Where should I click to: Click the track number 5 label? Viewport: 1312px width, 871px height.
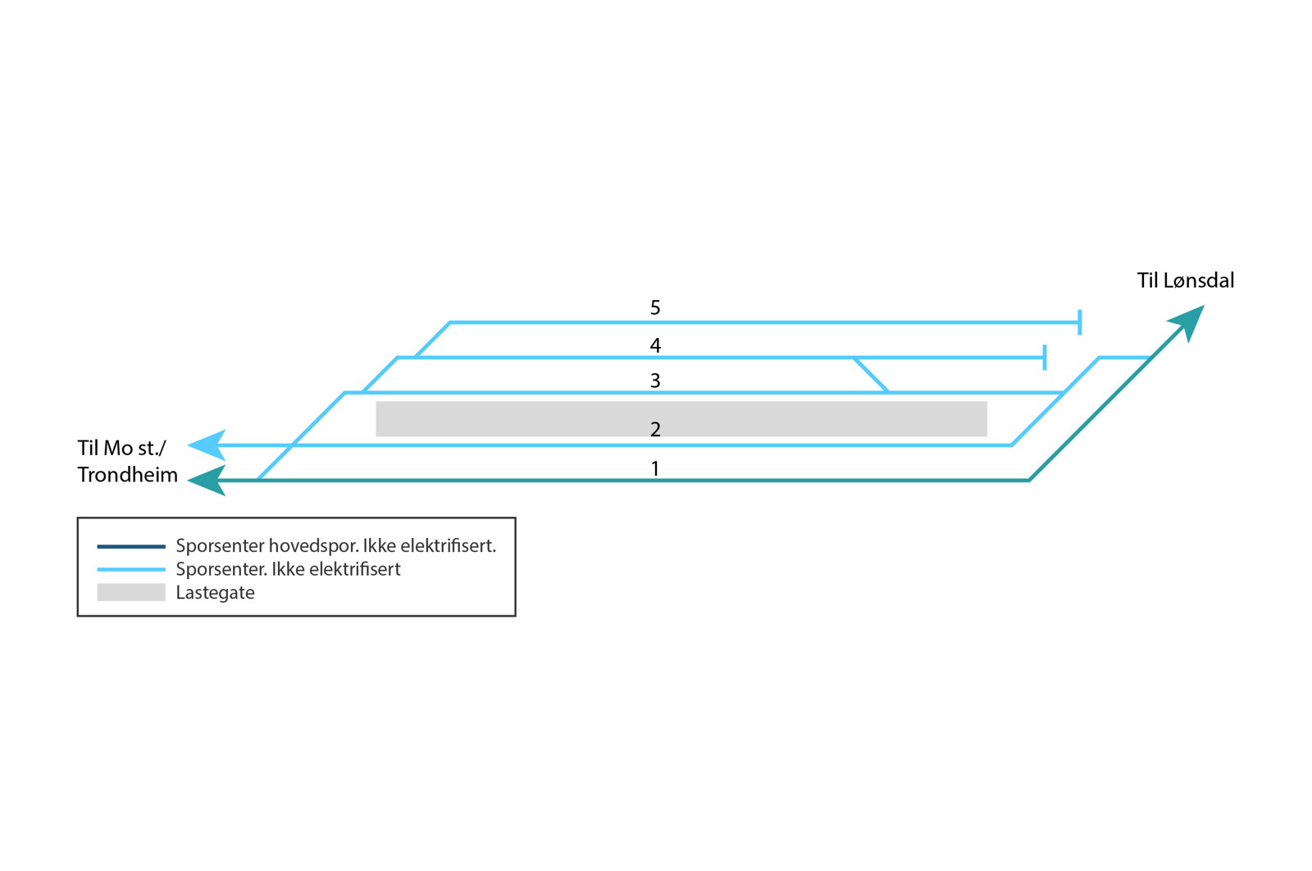click(x=654, y=308)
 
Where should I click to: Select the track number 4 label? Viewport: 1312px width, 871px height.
click(x=654, y=345)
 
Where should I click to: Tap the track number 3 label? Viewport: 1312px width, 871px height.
click(x=654, y=381)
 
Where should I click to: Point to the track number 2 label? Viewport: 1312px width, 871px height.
click(x=654, y=429)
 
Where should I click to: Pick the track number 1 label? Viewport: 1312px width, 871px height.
click(x=654, y=468)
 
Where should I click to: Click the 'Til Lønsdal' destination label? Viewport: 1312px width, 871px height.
click(x=1185, y=280)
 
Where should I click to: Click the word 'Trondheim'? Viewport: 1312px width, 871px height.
click(x=127, y=475)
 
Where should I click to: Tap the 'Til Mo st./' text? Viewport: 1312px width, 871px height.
click(x=121, y=448)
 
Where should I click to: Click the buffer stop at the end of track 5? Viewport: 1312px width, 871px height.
click(x=1079, y=322)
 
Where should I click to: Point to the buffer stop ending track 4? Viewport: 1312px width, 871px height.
click(x=1044, y=358)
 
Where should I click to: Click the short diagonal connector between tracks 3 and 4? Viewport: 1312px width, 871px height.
click(x=871, y=375)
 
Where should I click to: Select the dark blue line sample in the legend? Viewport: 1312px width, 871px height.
click(x=130, y=546)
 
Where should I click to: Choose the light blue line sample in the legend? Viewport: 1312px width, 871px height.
click(x=130, y=569)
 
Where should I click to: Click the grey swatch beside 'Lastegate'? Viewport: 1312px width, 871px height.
click(x=130, y=592)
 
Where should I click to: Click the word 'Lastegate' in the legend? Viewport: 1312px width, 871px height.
click(x=215, y=593)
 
